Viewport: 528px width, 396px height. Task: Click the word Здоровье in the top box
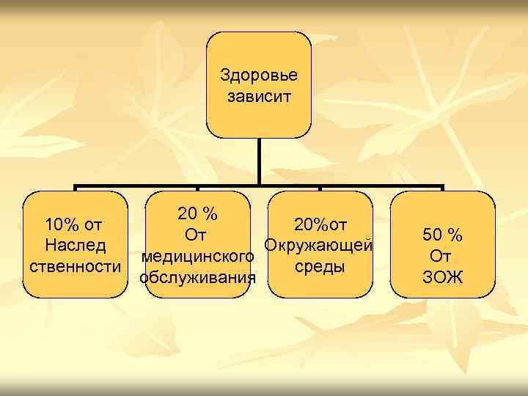tap(259, 76)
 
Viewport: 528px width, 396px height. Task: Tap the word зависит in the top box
tap(259, 97)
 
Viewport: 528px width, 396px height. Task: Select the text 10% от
tap(73, 223)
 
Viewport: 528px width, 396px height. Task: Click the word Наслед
tap(74, 245)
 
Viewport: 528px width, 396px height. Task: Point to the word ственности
tap(74, 266)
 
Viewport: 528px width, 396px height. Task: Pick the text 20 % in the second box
tap(197, 214)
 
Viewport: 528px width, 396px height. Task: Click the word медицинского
tap(198, 257)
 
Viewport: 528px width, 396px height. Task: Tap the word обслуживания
tap(198, 277)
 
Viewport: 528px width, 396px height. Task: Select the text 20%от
tap(320, 224)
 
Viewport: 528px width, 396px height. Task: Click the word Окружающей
tap(320, 244)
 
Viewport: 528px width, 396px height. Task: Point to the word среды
tap(320, 265)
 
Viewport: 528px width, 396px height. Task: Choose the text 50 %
tap(442, 235)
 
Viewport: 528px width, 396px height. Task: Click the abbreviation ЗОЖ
tap(442, 277)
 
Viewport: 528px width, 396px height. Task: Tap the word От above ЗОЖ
tap(441, 256)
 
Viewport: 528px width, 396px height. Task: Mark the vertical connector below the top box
tap(259, 161)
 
